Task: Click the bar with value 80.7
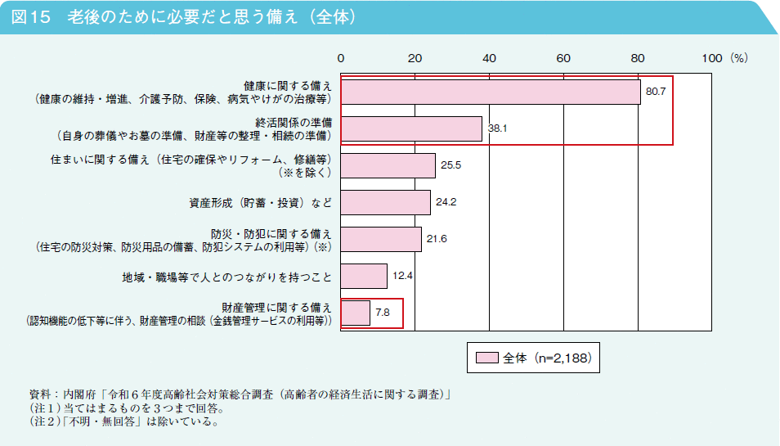tap(491, 92)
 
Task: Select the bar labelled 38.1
tap(411, 128)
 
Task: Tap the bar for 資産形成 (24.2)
tap(385, 202)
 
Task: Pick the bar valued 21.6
tap(381, 239)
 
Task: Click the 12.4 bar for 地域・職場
tap(364, 276)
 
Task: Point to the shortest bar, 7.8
tap(355, 313)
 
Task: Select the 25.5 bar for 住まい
tap(388, 165)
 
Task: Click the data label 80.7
tap(656, 92)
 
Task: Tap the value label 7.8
tap(383, 313)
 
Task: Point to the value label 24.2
tap(446, 202)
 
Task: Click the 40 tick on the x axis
tap(489, 58)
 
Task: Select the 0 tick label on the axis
tap(341, 58)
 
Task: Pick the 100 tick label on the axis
tap(711, 58)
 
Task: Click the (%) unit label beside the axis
tap(739, 58)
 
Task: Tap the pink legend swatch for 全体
tap(486, 358)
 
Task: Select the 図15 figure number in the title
tap(32, 17)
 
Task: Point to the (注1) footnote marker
tap(42, 408)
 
